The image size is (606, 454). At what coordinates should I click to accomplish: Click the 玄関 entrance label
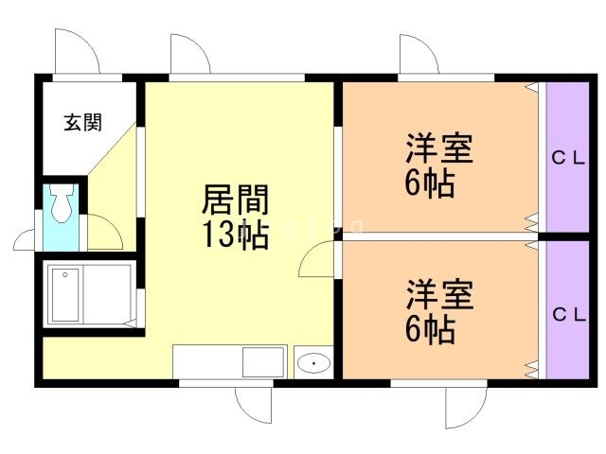[x=83, y=122]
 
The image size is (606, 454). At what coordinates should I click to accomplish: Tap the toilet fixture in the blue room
[x=62, y=204]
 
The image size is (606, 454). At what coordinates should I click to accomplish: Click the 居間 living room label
[x=235, y=201]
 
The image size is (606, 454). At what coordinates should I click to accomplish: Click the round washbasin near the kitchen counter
[x=312, y=363]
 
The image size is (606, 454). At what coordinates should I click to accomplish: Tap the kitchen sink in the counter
[x=262, y=362]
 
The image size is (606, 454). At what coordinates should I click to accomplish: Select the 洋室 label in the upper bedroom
[x=439, y=150]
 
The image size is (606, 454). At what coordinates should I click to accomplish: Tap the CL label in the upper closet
[x=568, y=159]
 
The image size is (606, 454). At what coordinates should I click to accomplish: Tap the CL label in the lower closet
[x=568, y=313]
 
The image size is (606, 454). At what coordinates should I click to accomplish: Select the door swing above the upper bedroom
[x=419, y=53]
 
